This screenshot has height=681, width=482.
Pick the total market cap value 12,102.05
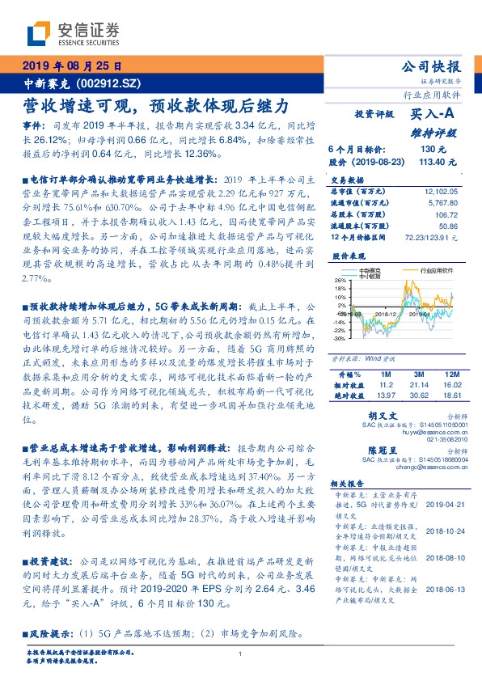pos(439,191)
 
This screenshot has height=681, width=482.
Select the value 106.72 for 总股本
pos(446,215)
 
